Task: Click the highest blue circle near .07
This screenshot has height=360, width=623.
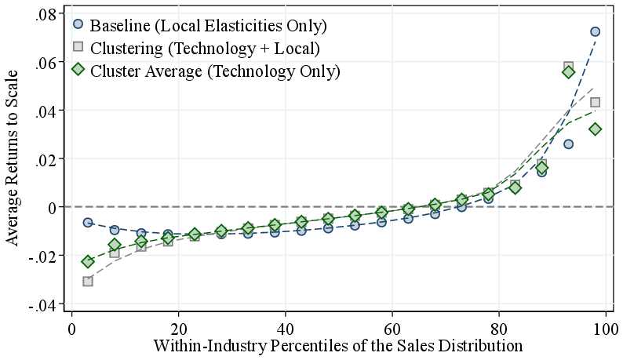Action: (x=595, y=31)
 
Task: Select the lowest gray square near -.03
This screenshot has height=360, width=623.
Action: (x=88, y=281)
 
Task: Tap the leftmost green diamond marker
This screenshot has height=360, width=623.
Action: (x=88, y=261)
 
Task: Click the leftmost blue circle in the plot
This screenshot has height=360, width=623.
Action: (x=88, y=223)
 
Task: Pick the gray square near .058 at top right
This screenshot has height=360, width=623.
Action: (x=568, y=67)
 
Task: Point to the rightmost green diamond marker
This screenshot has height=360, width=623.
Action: (x=595, y=129)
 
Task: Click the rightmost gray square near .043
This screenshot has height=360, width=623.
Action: (x=595, y=102)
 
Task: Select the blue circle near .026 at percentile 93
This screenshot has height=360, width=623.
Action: (x=568, y=144)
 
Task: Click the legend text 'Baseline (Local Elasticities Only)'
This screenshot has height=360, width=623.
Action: (x=209, y=26)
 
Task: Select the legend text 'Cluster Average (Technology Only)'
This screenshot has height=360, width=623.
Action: (x=216, y=71)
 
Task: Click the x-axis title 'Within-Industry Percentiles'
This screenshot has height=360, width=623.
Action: (x=337, y=345)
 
